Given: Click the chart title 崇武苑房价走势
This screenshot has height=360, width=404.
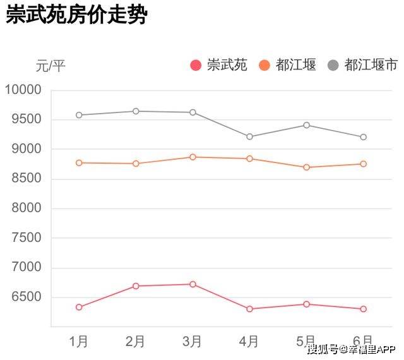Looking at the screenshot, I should (x=76, y=16).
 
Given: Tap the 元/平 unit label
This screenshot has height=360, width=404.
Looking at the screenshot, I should (x=50, y=65).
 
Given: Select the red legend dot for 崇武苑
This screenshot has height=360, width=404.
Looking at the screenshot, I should (x=196, y=65).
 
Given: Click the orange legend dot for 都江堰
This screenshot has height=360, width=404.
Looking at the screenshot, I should (x=265, y=65).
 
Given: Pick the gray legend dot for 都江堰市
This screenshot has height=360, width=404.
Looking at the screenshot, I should (x=333, y=65).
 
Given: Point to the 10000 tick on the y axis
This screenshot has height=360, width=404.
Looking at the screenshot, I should (x=23, y=90).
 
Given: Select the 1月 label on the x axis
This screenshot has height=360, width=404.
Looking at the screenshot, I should (x=79, y=342).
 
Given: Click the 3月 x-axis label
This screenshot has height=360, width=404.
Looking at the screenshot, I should (x=193, y=342).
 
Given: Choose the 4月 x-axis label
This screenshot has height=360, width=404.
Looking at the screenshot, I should (x=249, y=342).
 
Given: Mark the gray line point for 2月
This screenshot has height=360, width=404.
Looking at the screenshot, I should (x=136, y=111).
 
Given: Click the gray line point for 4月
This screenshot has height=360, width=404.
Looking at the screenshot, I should (x=250, y=136).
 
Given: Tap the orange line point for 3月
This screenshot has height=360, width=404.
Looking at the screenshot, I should (x=193, y=157).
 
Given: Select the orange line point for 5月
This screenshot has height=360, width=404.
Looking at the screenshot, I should (x=307, y=167).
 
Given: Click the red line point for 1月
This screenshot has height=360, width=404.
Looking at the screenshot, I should (x=79, y=307).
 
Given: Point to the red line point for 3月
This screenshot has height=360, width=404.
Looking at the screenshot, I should (x=193, y=284).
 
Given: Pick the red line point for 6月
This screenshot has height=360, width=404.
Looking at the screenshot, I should (x=364, y=309).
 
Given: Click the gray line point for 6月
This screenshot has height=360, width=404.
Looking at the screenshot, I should (x=364, y=137).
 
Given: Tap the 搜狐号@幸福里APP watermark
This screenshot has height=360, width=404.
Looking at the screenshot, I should (x=351, y=349).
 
